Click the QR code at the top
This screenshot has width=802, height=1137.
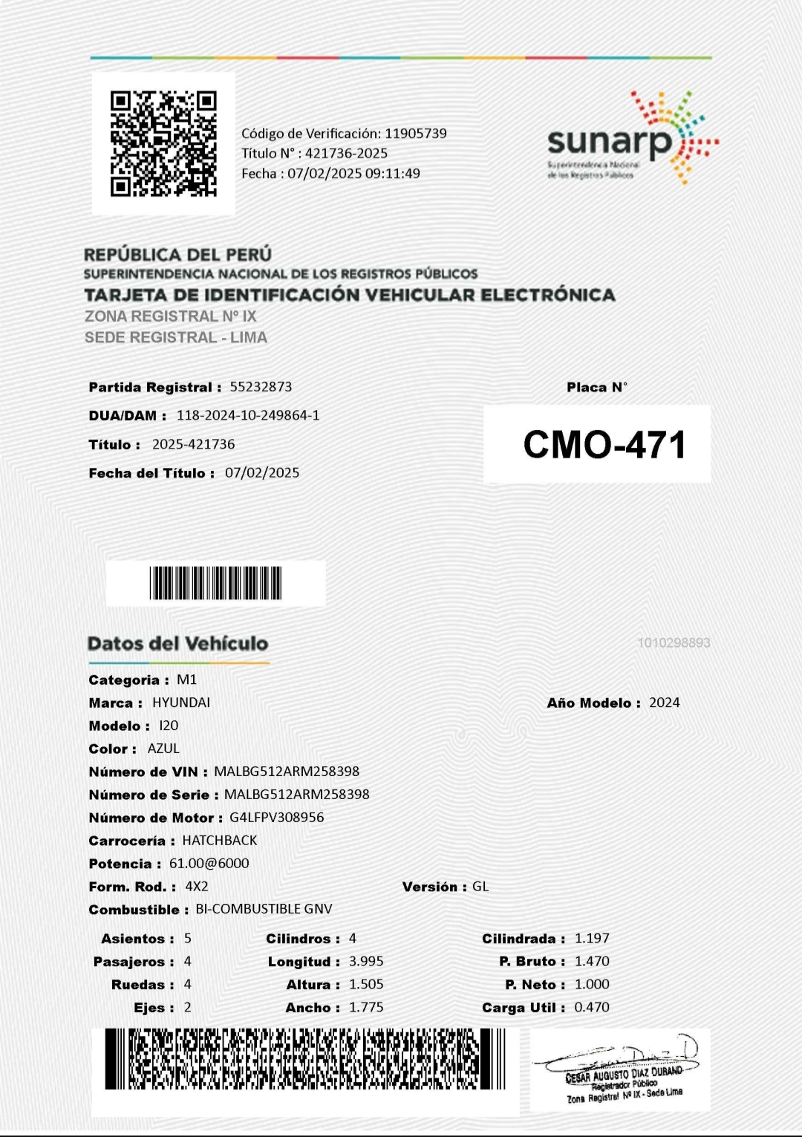[163, 143]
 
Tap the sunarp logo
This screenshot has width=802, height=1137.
[631, 138]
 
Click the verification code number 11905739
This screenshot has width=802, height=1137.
[415, 134]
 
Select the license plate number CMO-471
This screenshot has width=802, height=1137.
[604, 444]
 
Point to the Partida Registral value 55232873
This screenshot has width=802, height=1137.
[261, 387]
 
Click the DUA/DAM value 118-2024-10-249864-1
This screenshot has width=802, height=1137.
[248, 415]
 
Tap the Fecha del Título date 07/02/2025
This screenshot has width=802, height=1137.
[262, 473]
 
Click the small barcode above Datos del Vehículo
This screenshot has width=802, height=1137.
[215, 583]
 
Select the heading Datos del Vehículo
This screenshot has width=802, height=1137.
[177, 644]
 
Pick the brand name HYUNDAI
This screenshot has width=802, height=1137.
[181, 703]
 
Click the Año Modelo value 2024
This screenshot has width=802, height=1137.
[664, 703]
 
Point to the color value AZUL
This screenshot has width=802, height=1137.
[163, 749]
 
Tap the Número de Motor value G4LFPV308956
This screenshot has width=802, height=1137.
[276, 818]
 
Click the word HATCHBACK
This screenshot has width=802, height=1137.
[220, 841]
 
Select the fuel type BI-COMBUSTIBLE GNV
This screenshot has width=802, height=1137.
[264, 909]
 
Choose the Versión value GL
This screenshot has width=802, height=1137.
[480, 887]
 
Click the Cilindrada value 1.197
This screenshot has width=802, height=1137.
[592, 939]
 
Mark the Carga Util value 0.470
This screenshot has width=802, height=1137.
[592, 1008]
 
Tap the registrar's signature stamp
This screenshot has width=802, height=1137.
[621, 1070]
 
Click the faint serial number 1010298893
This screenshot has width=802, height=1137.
[674, 643]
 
